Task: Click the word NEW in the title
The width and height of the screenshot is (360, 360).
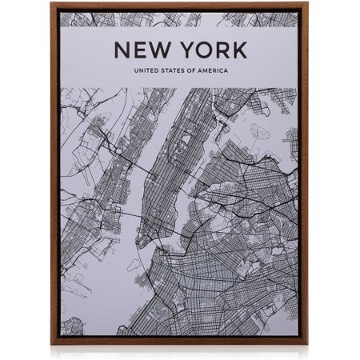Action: pos(144,50)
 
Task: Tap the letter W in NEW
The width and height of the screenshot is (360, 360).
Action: pos(162,50)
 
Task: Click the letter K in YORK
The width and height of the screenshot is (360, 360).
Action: pos(238,50)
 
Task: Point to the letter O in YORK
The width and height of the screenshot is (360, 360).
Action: pos(203,50)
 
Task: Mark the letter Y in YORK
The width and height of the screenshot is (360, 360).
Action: pos(186,50)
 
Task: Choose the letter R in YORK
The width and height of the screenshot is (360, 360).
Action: pos(222,50)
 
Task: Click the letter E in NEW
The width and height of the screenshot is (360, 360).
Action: pos(142,50)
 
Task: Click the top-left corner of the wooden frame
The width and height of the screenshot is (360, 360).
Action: pos(52,5)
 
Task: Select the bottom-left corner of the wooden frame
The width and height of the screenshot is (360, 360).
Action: pos(52,344)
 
